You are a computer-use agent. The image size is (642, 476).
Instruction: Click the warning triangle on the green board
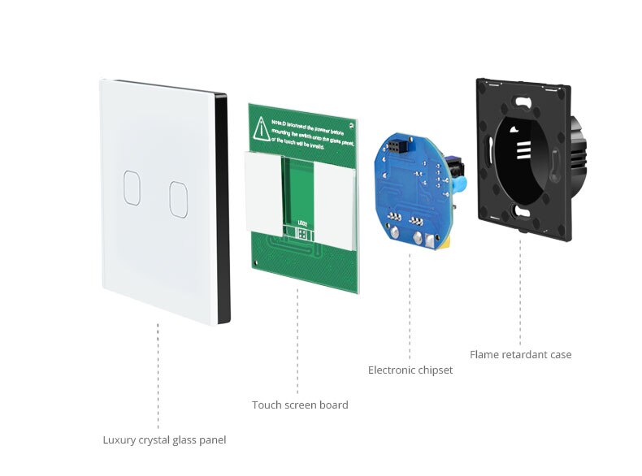pyautogui.click(x=261, y=127)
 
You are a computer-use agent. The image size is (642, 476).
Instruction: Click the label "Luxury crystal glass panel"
pyautogui.click(x=164, y=440)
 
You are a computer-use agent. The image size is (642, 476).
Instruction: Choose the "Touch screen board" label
pyautogui.click(x=300, y=405)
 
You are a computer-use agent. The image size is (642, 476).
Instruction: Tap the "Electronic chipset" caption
pyautogui.click(x=410, y=370)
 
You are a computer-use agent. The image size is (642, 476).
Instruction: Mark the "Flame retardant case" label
pyautogui.click(x=521, y=354)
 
